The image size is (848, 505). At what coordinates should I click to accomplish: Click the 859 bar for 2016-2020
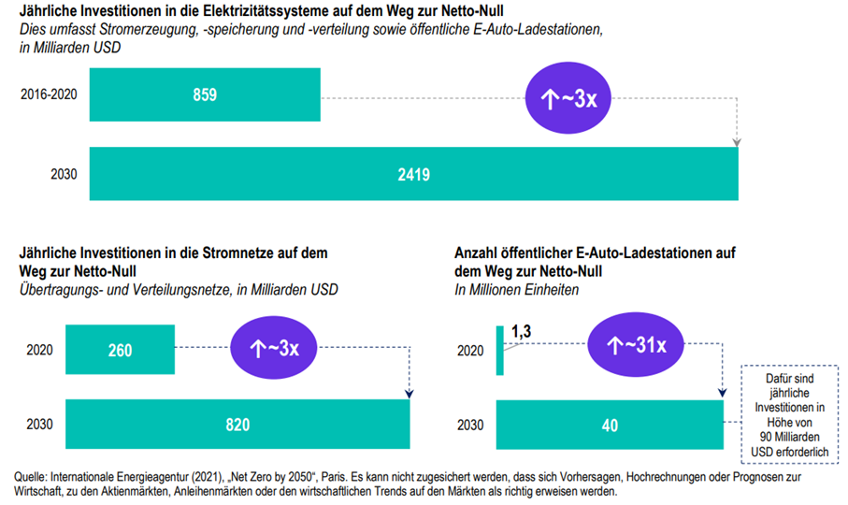click(x=205, y=94)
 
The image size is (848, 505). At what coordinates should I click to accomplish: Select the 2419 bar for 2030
click(x=414, y=174)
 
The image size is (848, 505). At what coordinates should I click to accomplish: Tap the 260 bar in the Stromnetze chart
click(x=120, y=349)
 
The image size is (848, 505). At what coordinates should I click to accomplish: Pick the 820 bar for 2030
click(x=237, y=424)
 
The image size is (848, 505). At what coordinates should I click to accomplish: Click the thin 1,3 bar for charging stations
click(x=499, y=351)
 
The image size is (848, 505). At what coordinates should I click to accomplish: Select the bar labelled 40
click(x=610, y=425)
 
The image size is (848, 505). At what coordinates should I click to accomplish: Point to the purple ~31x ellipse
click(x=636, y=344)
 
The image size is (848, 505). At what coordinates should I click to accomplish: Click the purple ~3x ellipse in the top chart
click(x=568, y=98)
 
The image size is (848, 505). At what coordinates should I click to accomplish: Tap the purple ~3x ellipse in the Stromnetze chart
click(x=274, y=348)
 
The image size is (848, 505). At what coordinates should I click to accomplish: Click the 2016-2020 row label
click(x=49, y=94)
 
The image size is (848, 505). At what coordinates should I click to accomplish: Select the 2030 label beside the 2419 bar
click(x=64, y=174)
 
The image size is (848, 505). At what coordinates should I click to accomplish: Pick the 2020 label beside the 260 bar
click(x=39, y=350)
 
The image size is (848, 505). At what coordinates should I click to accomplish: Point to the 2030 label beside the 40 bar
click(x=470, y=425)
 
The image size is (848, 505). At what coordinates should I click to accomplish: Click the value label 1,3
click(x=522, y=331)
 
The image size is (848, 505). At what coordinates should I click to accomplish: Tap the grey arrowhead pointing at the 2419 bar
click(x=737, y=142)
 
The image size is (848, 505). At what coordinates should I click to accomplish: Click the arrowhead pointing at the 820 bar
click(x=410, y=394)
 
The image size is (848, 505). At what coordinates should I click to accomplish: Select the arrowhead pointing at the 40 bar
click(x=723, y=393)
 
